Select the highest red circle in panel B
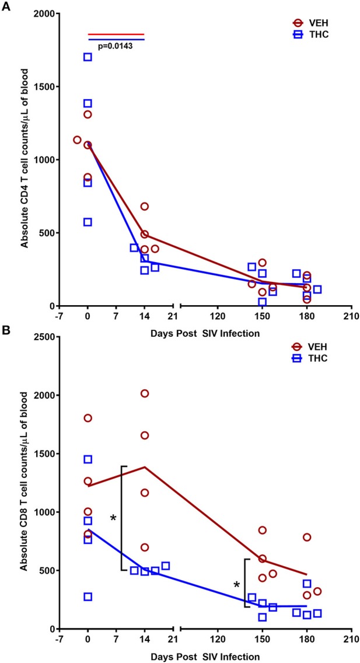point(145,393)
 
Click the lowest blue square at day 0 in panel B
point(88,596)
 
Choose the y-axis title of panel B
point(25,482)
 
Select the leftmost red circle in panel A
point(77,140)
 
